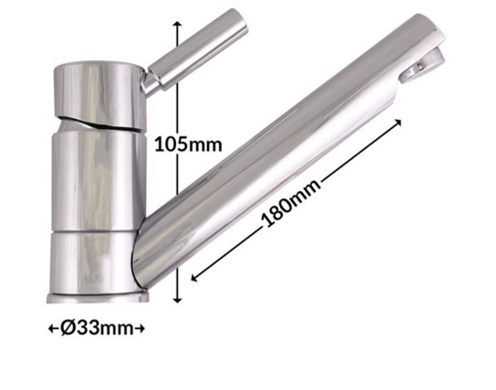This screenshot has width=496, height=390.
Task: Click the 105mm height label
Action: coord(188,144)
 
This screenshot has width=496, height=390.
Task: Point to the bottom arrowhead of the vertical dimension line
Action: coord(177,300)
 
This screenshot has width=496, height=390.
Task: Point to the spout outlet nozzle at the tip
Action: coord(424,66)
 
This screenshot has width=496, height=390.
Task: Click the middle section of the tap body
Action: coord(97,179)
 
